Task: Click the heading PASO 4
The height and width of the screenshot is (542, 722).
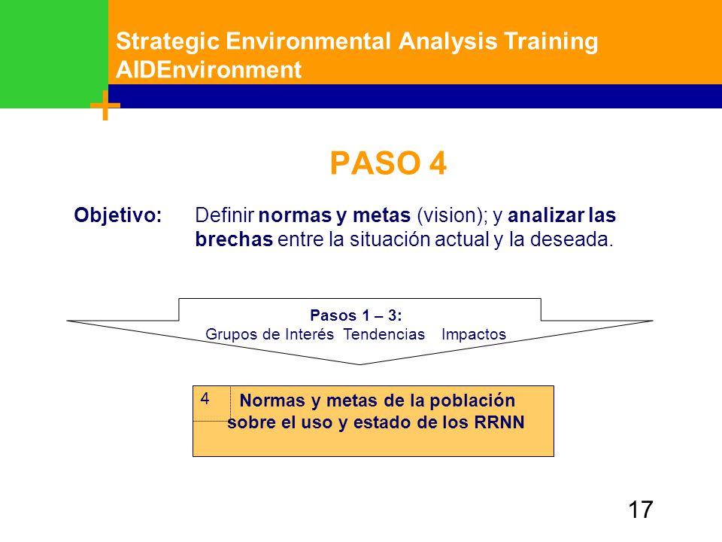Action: (x=388, y=163)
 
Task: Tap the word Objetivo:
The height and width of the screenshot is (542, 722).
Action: (x=118, y=215)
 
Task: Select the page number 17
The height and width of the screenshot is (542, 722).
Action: (x=641, y=510)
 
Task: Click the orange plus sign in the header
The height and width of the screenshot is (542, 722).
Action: (x=105, y=105)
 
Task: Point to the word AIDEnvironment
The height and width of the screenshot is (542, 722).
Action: (x=208, y=70)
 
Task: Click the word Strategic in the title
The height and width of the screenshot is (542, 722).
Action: (x=168, y=41)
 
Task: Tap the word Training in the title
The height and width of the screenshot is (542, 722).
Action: (x=551, y=41)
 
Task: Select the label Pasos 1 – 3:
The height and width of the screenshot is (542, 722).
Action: (x=356, y=315)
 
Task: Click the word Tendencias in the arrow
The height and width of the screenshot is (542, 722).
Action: (x=384, y=334)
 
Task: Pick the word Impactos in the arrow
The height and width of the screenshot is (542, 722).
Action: (x=474, y=334)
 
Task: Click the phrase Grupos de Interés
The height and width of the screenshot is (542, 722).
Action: (x=269, y=334)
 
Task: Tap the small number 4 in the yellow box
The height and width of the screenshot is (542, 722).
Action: (x=205, y=399)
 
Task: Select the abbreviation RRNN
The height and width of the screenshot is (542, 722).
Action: (x=499, y=422)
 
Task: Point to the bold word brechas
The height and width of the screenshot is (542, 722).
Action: (x=234, y=239)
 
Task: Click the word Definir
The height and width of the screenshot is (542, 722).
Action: (x=225, y=215)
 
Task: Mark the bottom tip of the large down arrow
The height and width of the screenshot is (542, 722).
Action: (x=359, y=364)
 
